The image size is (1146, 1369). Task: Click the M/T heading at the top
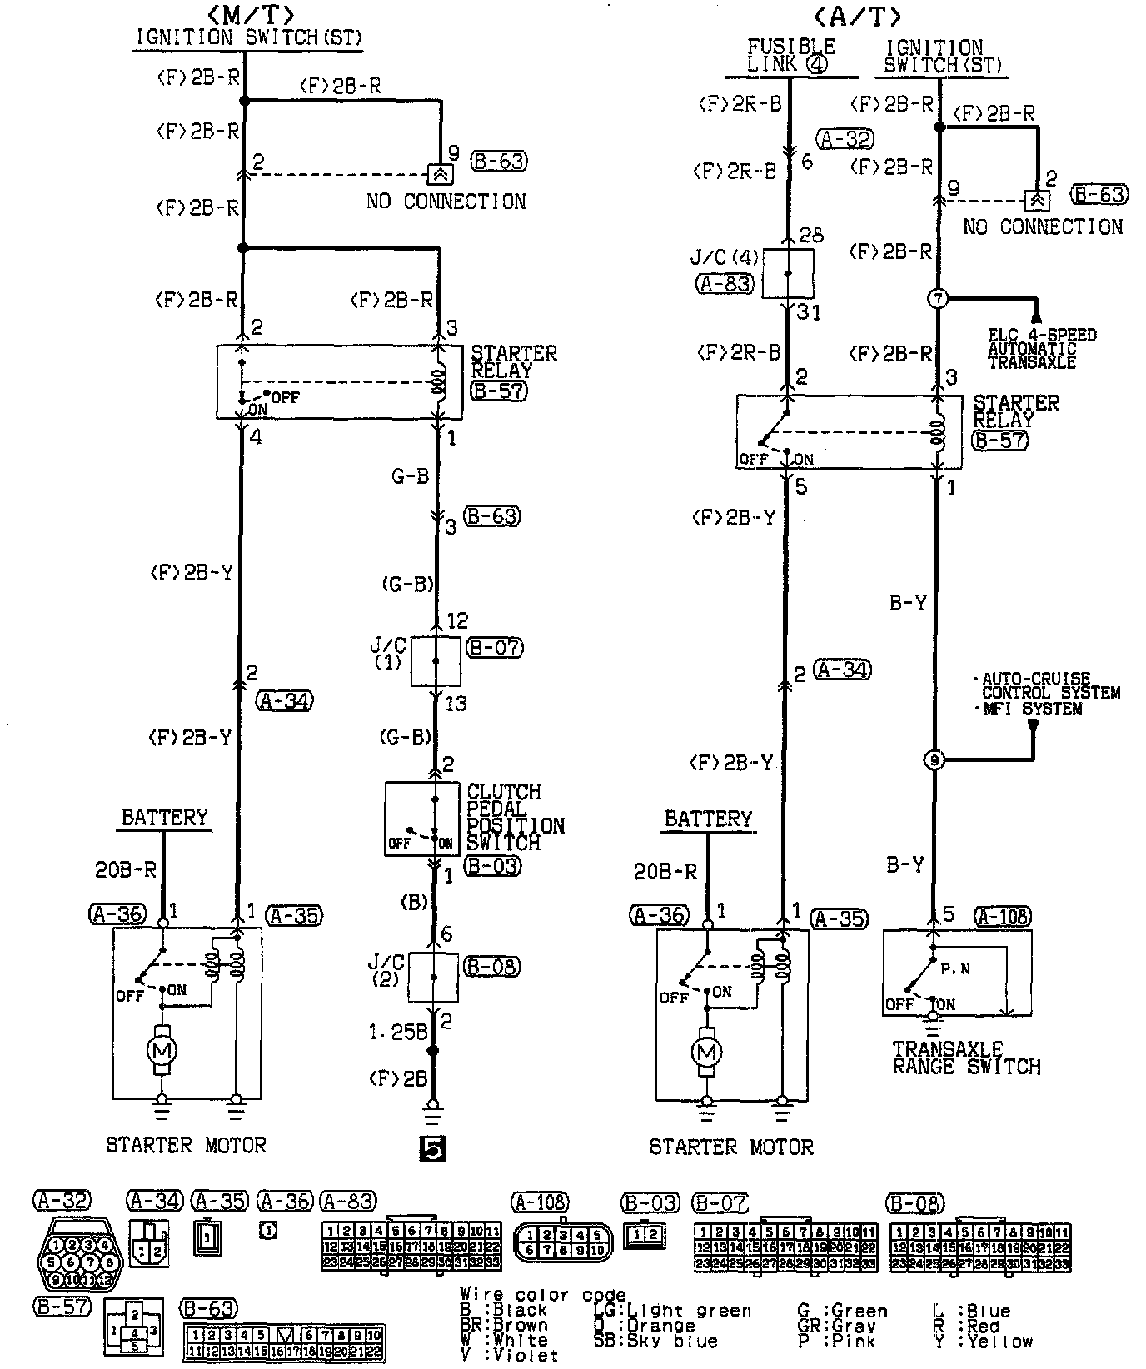pyautogui.click(x=247, y=13)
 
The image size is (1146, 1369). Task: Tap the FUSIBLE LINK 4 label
pyautogui.click(x=791, y=55)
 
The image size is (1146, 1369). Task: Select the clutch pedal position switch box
pyautogui.click(x=421, y=819)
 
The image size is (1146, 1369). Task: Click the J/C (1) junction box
pyautogui.click(x=436, y=660)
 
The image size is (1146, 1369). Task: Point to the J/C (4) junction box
pyautogui.click(x=788, y=272)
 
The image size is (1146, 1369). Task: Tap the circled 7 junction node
pyautogui.click(x=938, y=298)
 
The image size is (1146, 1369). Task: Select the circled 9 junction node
pyautogui.click(x=934, y=759)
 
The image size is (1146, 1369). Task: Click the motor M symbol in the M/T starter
pyautogui.click(x=162, y=1050)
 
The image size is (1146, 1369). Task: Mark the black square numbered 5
pyautogui.click(x=433, y=1149)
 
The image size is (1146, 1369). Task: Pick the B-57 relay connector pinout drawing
pyautogui.click(x=132, y=1329)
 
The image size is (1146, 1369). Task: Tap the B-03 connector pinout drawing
pyautogui.click(x=645, y=1233)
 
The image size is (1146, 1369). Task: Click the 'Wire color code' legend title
pyautogui.click(x=543, y=1295)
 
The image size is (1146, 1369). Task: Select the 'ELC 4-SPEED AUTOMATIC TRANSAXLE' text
pyautogui.click(x=1042, y=349)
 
